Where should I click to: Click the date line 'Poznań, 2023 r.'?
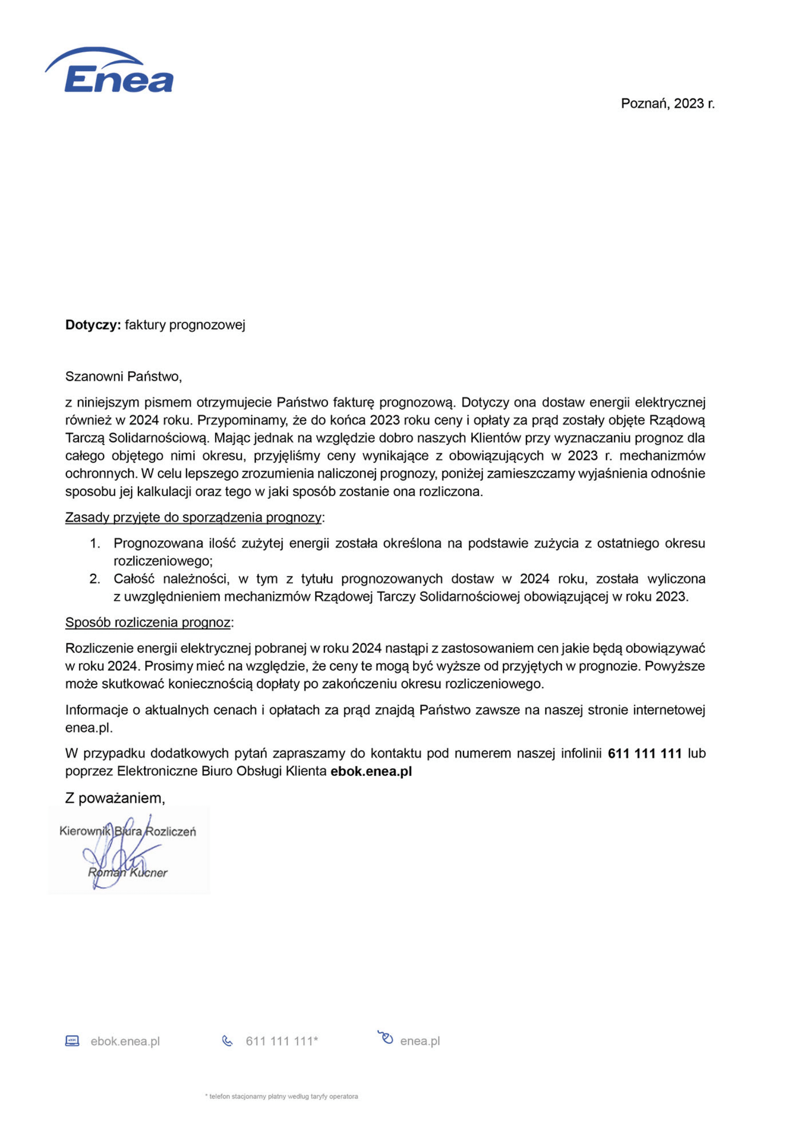click(667, 104)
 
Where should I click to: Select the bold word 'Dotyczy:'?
click(93, 325)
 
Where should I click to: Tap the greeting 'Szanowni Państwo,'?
click(123, 376)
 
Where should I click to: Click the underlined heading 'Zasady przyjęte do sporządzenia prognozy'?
click(193, 517)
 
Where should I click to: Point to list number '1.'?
click(95, 543)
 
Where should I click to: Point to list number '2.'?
click(95, 579)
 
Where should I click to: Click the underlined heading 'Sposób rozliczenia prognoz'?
click(148, 622)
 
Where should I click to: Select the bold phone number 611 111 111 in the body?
click(645, 754)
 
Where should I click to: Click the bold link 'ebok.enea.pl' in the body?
click(371, 771)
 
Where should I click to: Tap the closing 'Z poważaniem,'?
click(115, 798)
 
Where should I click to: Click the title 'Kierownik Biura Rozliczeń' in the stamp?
click(128, 831)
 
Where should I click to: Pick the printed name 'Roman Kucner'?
click(128, 872)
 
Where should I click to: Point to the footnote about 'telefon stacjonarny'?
click(281, 1097)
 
